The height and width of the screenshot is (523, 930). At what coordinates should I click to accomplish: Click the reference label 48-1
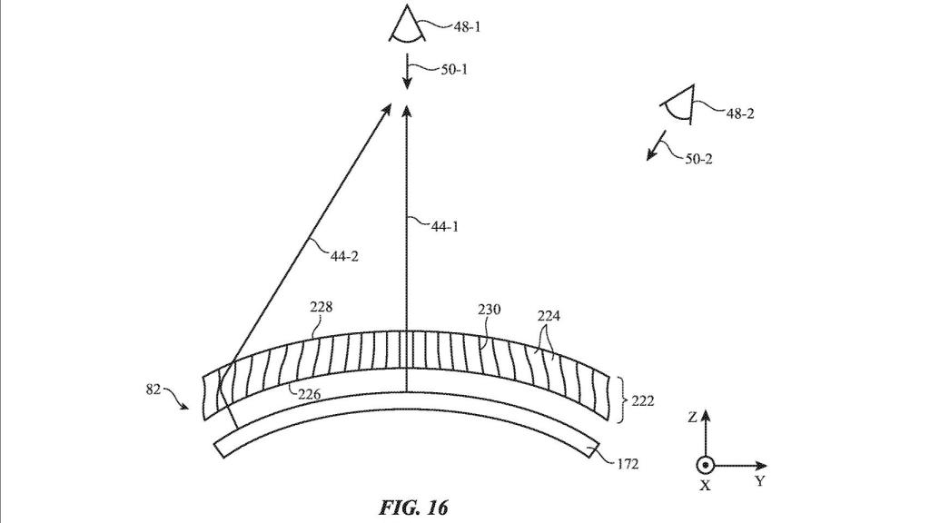click(468, 26)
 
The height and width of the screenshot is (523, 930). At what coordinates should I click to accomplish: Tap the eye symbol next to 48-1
click(408, 24)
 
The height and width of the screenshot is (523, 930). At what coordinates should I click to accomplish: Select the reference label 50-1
click(454, 69)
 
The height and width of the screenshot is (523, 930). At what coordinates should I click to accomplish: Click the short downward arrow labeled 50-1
click(407, 72)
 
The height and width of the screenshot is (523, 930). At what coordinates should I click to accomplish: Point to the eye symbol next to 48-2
click(678, 105)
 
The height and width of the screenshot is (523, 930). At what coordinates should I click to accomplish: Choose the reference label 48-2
click(740, 113)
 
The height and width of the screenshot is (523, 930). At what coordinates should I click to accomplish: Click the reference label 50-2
click(698, 159)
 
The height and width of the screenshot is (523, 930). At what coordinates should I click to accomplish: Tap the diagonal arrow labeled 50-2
click(656, 146)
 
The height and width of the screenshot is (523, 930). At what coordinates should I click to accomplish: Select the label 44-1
click(445, 226)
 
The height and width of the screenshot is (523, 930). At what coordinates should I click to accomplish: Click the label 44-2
click(344, 256)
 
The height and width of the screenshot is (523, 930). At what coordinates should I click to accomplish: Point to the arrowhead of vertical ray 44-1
click(407, 112)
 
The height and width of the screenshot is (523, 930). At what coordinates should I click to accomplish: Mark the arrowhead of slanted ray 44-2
click(386, 110)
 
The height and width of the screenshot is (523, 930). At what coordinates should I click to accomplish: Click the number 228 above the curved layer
click(322, 307)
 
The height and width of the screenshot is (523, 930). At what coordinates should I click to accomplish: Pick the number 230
click(490, 310)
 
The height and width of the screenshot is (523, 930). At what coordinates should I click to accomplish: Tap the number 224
click(549, 316)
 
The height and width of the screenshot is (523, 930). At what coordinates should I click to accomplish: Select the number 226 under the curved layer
click(309, 394)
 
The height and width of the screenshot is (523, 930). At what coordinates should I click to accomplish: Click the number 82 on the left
click(153, 390)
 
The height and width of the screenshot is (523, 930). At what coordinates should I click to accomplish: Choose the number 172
click(627, 464)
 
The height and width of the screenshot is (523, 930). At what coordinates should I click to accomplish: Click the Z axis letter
click(692, 418)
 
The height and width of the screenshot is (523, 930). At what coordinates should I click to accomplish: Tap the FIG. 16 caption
click(413, 508)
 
